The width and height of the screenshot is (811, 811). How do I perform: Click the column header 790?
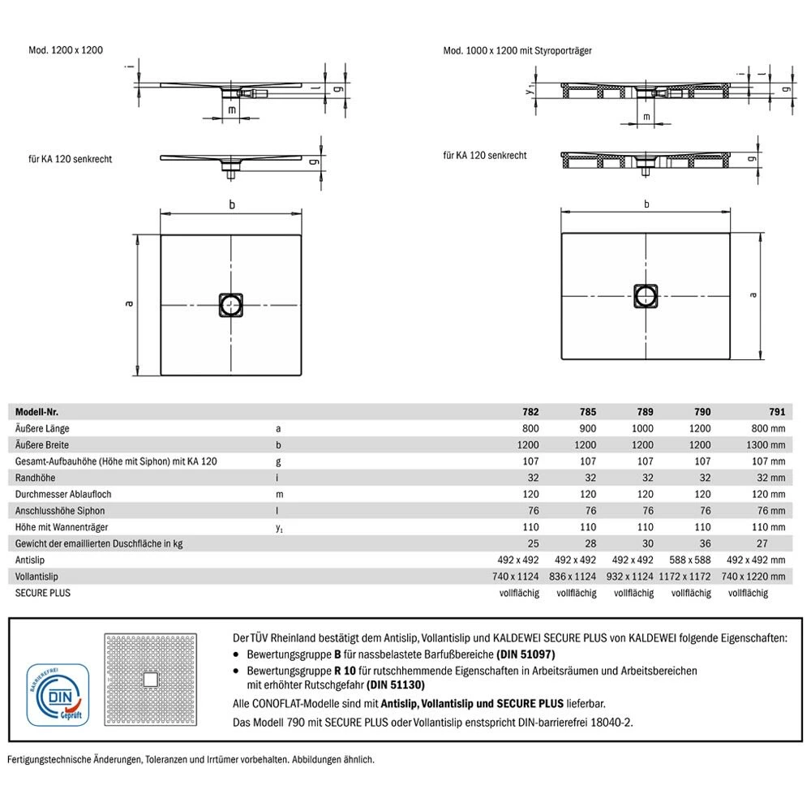[702, 412]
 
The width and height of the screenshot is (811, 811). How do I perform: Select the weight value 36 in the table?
[702, 543]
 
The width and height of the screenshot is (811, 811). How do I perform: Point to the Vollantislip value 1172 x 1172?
[688, 576]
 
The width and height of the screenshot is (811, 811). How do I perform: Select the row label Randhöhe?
[34, 478]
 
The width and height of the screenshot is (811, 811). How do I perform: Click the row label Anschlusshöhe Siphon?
[59, 510]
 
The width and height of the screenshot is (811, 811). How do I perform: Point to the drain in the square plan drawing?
[231, 304]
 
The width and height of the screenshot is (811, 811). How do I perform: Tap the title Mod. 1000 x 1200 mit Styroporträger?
[517, 50]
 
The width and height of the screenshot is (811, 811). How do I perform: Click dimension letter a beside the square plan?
[128, 304]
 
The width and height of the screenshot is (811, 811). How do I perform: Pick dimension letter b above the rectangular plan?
[646, 204]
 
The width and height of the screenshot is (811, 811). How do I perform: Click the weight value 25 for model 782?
[532, 543]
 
